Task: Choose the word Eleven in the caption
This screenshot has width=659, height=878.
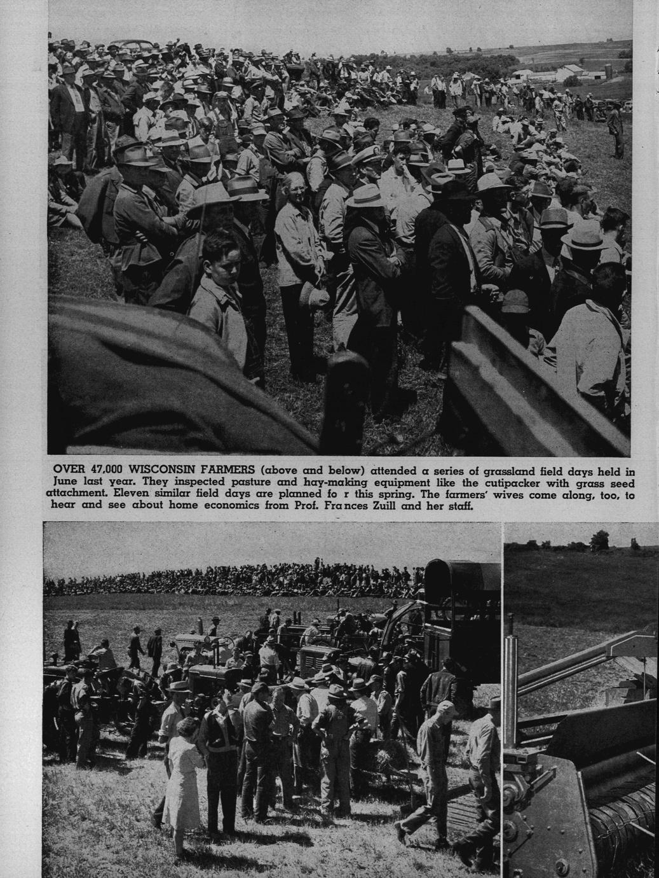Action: [125, 494]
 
